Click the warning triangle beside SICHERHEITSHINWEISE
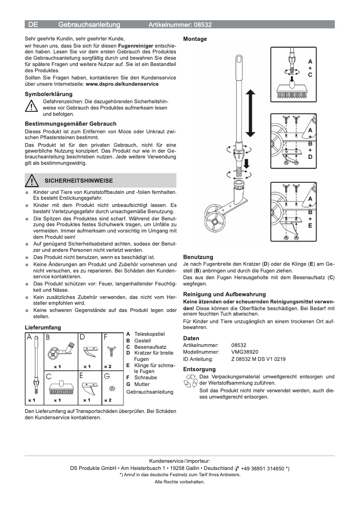coord(31,181)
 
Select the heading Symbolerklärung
coord(48,94)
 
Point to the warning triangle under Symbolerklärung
coord(31,107)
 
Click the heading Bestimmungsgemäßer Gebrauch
coord(70,123)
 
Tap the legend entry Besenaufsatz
coord(150,347)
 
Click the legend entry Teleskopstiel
coord(149,334)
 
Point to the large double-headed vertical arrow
coord(250,113)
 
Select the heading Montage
coord(195,39)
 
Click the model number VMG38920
coord(245,352)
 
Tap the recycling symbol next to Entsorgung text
coord(190,382)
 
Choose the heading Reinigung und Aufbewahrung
coord(224,294)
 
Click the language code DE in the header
coord(33,25)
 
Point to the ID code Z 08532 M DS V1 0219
coord(258,359)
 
